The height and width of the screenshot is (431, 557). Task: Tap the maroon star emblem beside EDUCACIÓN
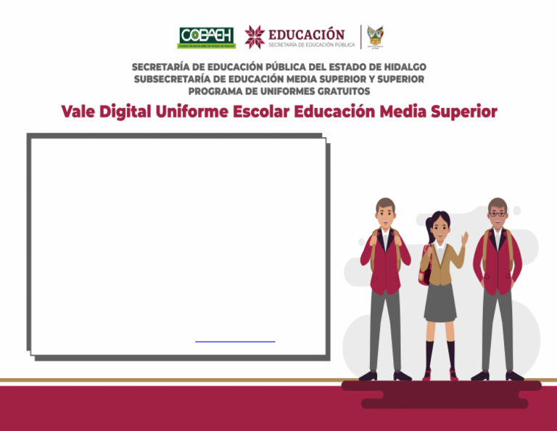pyautogui.click(x=255, y=36)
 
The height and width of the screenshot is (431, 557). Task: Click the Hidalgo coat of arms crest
pyautogui.click(x=375, y=36)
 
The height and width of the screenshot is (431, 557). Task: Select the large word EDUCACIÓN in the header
pyautogui.click(x=307, y=33)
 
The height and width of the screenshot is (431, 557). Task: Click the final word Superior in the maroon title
pyautogui.click(x=464, y=112)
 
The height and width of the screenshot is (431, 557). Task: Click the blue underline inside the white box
pyautogui.click(x=235, y=340)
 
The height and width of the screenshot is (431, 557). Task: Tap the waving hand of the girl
pyautogui.click(x=464, y=237)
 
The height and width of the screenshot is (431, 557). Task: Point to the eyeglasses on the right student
pyautogui.click(x=497, y=213)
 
